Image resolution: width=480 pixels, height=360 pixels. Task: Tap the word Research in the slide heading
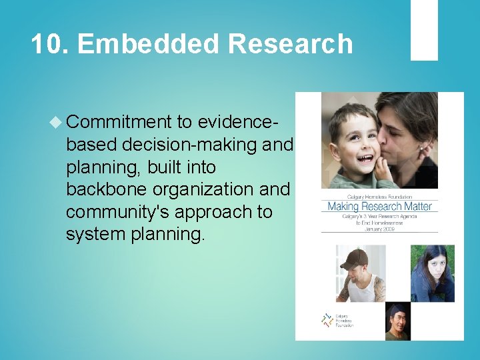tap(289, 44)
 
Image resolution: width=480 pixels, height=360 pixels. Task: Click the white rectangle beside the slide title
tap(424, 30)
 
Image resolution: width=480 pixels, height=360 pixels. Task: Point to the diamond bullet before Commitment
tap(56, 122)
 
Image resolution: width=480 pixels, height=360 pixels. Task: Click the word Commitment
tap(119, 122)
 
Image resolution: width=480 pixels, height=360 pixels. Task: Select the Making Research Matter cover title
tap(379, 206)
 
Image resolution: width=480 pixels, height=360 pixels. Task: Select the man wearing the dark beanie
tap(398, 321)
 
